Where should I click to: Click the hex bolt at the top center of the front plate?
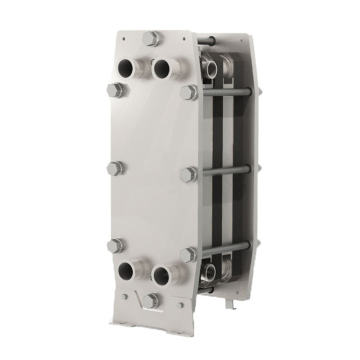pyautogui.click(x=152, y=39)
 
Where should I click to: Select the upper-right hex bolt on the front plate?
pyautogui.click(x=189, y=92)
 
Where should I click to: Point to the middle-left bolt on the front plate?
pyautogui.click(x=115, y=168)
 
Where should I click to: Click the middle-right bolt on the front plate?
pyautogui.click(x=188, y=174)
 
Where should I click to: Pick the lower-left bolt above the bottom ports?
pyautogui.click(x=116, y=246)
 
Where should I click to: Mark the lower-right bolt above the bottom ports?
pyautogui.click(x=188, y=254)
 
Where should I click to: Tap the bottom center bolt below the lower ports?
pyautogui.click(x=151, y=300)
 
